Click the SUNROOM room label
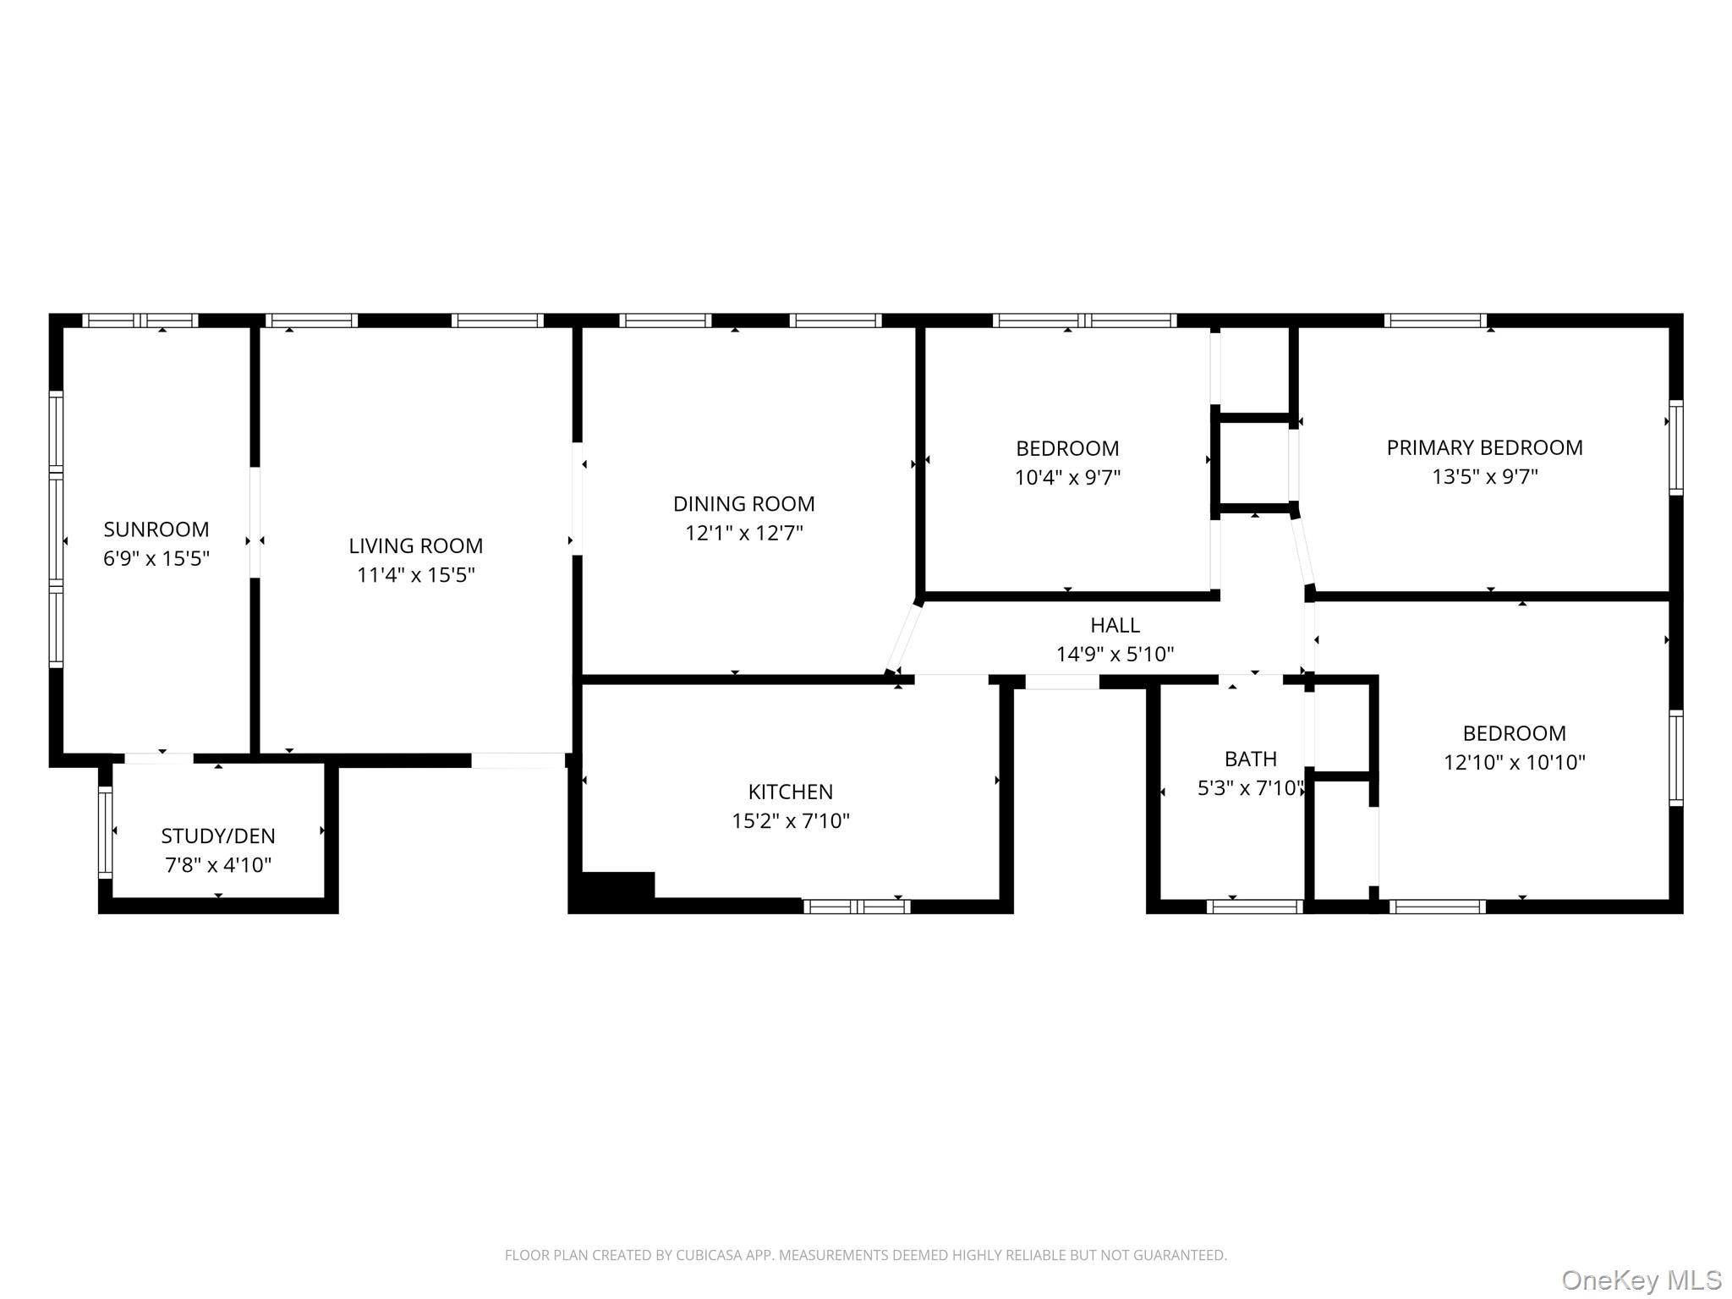pyautogui.click(x=156, y=529)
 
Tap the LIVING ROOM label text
pyautogui.click(x=416, y=546)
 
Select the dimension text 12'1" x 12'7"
pyautogui.click(x=744, y=533)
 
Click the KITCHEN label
pyautogui.click(x=791, y=792)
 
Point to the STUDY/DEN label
pyautogui.click(x=218, y=836)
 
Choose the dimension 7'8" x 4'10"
pyautogui.click(x=218, y=865)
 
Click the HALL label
pyautogui.click(x=1115, y=625)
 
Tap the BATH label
pyautogui.click(x=1251, y=759)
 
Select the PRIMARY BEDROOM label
pyautogui.click(x=1485, y=447)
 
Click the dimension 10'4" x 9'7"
pyautogui.click(x=1068, y=478)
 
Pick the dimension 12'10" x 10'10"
pyautogui.click(x=1515, y=763)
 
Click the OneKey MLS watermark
pyautogui.click(x=1642, y=1280)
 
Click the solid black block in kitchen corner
pyautogui.click(x=612, y=891)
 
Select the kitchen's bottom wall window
pyautogui.click(x=857, y=907)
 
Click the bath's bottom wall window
pyautogui.click(x=1255, y=907)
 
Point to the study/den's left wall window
pyautogui.click(x=106, y=832)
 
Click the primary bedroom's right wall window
pyautogui.click(x=1676, y=447)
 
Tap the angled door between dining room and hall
pyautogui.click(x=903, y=636)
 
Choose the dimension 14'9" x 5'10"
pyautogui.click(x=1115, y=655)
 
